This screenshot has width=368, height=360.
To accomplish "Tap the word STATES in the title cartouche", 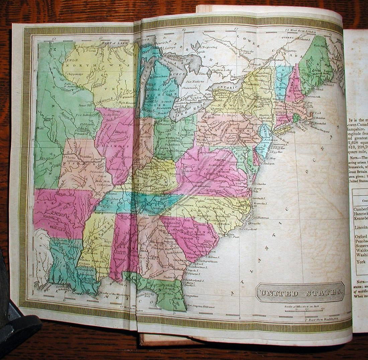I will [320, 293].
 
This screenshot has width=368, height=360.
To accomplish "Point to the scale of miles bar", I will [301, 309].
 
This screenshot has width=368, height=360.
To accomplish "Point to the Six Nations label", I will [195, 81].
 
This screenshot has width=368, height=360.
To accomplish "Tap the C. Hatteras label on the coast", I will [262, 218].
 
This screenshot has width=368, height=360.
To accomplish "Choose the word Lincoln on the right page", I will [361, 227].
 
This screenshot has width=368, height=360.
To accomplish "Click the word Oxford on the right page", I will [361, 237].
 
